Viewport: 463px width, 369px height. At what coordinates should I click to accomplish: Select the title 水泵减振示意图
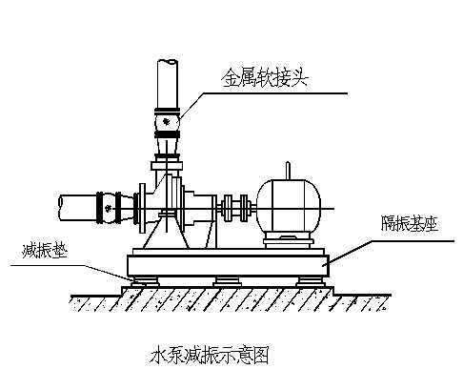(x=207, y=356)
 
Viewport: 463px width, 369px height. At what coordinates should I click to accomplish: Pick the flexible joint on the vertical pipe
(x=168, y=123)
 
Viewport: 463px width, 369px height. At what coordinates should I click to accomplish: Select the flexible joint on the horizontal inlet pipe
(x=111, y=203)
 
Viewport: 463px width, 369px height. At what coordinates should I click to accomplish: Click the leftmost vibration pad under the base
(x=146, y=281)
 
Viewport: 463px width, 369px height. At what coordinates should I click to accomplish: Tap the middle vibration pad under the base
(x=227, y=281)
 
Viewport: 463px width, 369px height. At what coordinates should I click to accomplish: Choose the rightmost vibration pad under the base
(x=307, y=281)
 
